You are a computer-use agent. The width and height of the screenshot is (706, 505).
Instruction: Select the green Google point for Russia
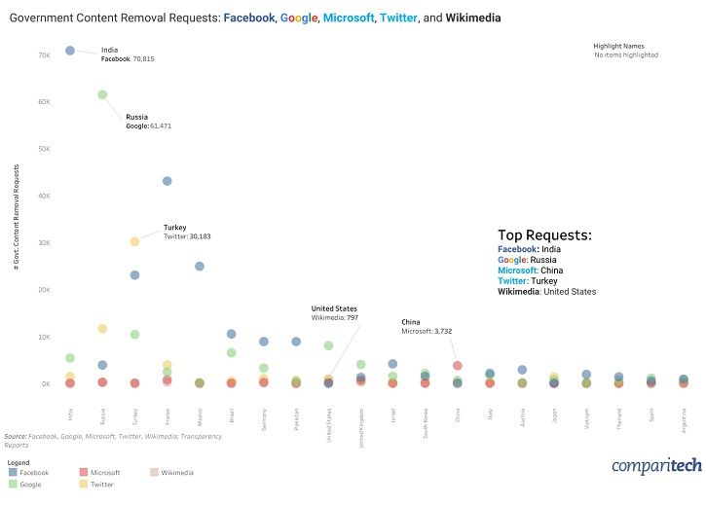point(102,94)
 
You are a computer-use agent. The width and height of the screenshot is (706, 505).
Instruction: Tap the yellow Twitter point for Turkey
point(134,241)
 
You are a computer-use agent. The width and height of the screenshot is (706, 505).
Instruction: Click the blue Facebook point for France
point(167,181)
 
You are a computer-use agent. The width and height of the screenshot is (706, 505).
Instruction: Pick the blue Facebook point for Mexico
point(200,266)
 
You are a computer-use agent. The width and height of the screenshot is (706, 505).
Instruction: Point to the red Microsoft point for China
point(458,366)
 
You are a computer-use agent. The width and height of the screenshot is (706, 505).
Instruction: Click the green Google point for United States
point(328,345)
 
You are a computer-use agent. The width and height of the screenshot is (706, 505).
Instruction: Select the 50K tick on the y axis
point(44,149)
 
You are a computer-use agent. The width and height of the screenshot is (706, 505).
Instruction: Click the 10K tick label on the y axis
point(44,337)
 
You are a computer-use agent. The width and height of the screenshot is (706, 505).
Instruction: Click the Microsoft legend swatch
point(82,472)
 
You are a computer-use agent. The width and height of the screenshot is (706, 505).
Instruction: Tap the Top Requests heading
point(544,234)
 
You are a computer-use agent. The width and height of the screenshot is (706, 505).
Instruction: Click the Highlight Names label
point(618,46)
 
